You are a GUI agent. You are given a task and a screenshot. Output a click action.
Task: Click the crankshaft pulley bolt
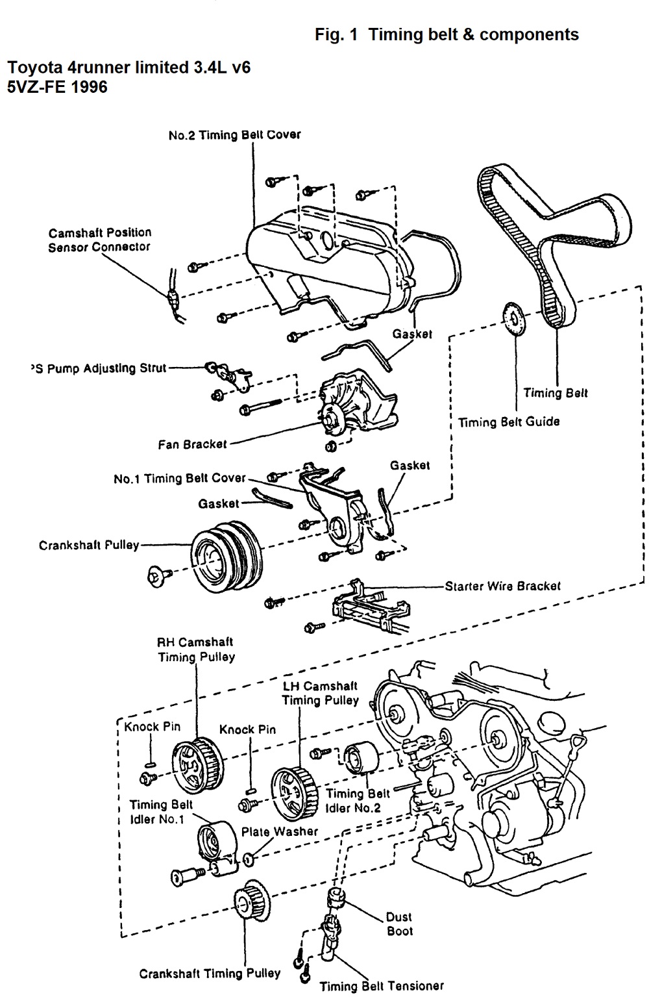coord(158,575)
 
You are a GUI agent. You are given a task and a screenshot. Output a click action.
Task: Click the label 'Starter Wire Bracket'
coord(502,586)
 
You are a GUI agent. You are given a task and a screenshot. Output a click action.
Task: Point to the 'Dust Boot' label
coord(398,924)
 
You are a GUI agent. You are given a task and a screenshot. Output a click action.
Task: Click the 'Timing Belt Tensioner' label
coord(382,986)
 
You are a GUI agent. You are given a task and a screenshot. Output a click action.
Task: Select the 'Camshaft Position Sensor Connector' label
coord(99,240)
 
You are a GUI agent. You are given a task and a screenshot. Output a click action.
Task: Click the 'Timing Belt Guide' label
coord(508,422)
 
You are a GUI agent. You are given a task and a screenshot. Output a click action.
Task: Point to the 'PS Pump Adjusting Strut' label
coord(98,368)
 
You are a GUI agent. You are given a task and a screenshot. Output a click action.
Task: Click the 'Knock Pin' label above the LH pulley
coord(247,729)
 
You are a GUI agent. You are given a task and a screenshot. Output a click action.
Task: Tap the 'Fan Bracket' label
coord(193,444)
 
